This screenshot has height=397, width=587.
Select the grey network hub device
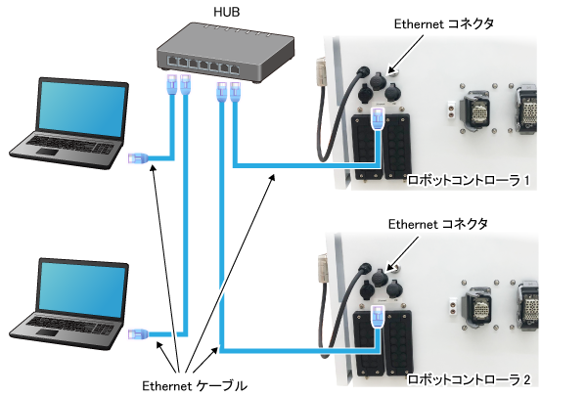click(224, 53)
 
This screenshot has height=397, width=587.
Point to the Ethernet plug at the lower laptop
click(137, 335)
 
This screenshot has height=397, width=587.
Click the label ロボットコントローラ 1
click(468, 181)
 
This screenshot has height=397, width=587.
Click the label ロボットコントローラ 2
click(468, 378)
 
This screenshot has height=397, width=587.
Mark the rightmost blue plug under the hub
click(236, 94)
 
